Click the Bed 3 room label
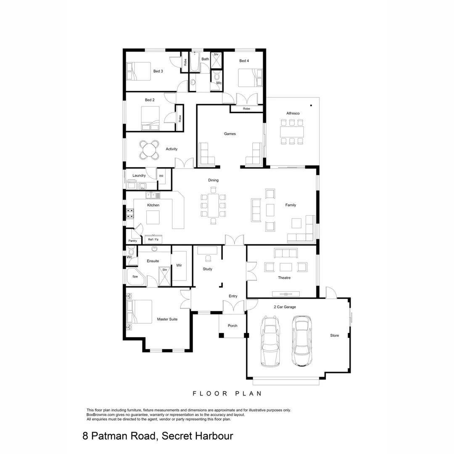[158, 71]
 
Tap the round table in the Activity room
[149, 150]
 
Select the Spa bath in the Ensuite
[135, 277]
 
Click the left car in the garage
[270, 341]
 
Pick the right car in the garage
[303, 341]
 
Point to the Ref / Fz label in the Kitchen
[153, 240]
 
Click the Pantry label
[133, 241]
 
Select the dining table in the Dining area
[213, 205]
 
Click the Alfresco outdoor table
[292, 132]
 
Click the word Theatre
[285, 278]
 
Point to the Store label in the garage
[334, 335]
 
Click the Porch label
[232, 326]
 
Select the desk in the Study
[207, 250]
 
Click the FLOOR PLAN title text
[227, 394]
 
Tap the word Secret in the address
[174, 436]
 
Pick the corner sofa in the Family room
[304, 232]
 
